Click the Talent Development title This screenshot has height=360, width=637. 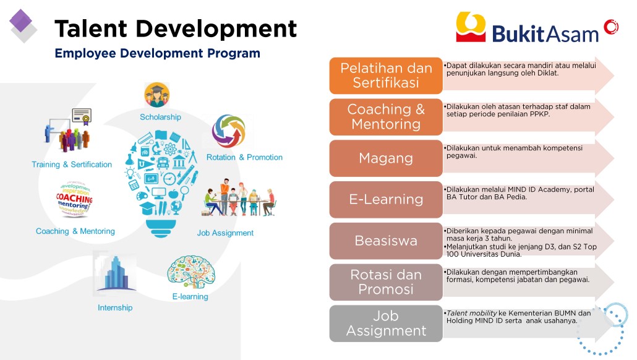(176, 29)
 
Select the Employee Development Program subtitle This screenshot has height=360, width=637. (157, 53)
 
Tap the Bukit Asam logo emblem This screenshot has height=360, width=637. (471, 27)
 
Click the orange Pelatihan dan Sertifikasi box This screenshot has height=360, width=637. (386, 75)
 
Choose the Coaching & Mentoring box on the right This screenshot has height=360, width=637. (386, 117)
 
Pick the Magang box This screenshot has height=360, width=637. (386, 158)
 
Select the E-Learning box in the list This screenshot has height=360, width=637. (386, 200)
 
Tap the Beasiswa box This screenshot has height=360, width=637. (386, 241)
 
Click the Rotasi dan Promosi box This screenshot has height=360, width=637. (386, 282)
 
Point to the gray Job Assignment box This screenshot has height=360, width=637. (386, 324)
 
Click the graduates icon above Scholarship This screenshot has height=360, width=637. (157, 95)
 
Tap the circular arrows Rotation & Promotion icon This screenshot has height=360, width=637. (229, 131)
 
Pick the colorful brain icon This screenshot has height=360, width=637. (191, 272)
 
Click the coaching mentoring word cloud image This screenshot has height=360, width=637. (74, 199)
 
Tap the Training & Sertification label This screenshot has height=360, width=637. (72, 165)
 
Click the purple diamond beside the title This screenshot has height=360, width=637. (21, 21)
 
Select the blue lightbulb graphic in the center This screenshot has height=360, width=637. (161, 184)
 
